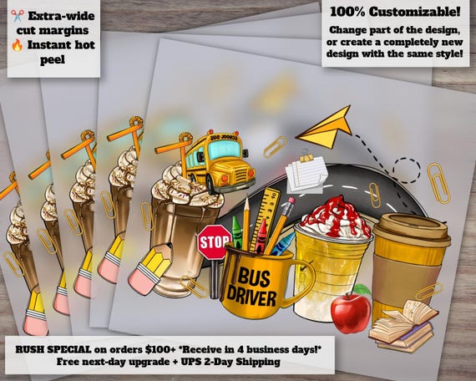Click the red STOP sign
[215, 241]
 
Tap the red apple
[351, 312]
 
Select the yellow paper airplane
[326, 128]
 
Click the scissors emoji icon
[18, 16]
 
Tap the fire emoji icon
[17, 45]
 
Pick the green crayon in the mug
[238, 233]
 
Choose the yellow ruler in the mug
[265, 218]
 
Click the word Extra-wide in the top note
[62, 16]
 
